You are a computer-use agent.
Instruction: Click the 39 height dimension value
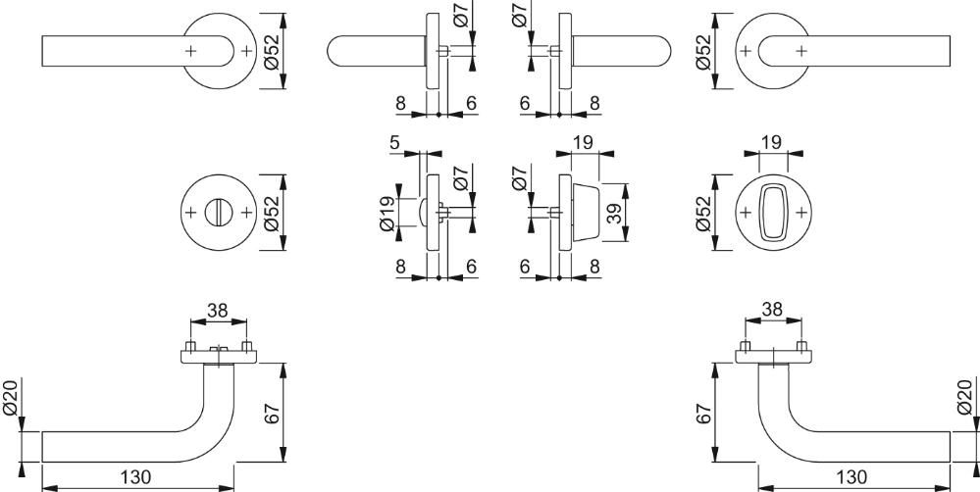(614, 213)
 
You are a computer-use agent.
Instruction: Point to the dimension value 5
(394, 143)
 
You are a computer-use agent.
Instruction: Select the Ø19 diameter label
(387, 214)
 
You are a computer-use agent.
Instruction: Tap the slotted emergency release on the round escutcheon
(219, 213)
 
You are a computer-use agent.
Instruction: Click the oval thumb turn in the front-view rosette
(773, 213)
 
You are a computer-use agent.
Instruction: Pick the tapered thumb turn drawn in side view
(585, 213)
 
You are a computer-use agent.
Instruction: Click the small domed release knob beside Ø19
(423, 213)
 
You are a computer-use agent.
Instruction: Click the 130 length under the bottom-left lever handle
(135, 477)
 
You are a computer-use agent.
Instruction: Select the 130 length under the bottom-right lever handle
(851, 477)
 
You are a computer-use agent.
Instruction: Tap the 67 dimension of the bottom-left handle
(273, 414)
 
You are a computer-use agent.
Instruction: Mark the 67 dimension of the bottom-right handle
(704, 414)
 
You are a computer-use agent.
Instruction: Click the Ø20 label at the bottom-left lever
(11, 397)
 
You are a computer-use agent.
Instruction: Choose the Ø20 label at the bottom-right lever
(965, 397)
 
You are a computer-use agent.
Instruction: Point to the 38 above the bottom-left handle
(218, 311)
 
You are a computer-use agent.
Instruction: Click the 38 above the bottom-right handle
(772, 309)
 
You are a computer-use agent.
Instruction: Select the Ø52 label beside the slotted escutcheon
(272, 214)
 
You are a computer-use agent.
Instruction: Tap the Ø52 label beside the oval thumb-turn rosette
(703, 214)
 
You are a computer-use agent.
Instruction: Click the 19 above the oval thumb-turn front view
(772, 142)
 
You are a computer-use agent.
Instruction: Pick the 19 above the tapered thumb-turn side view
(583, 142)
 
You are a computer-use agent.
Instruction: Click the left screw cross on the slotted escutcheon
(191, 213)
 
